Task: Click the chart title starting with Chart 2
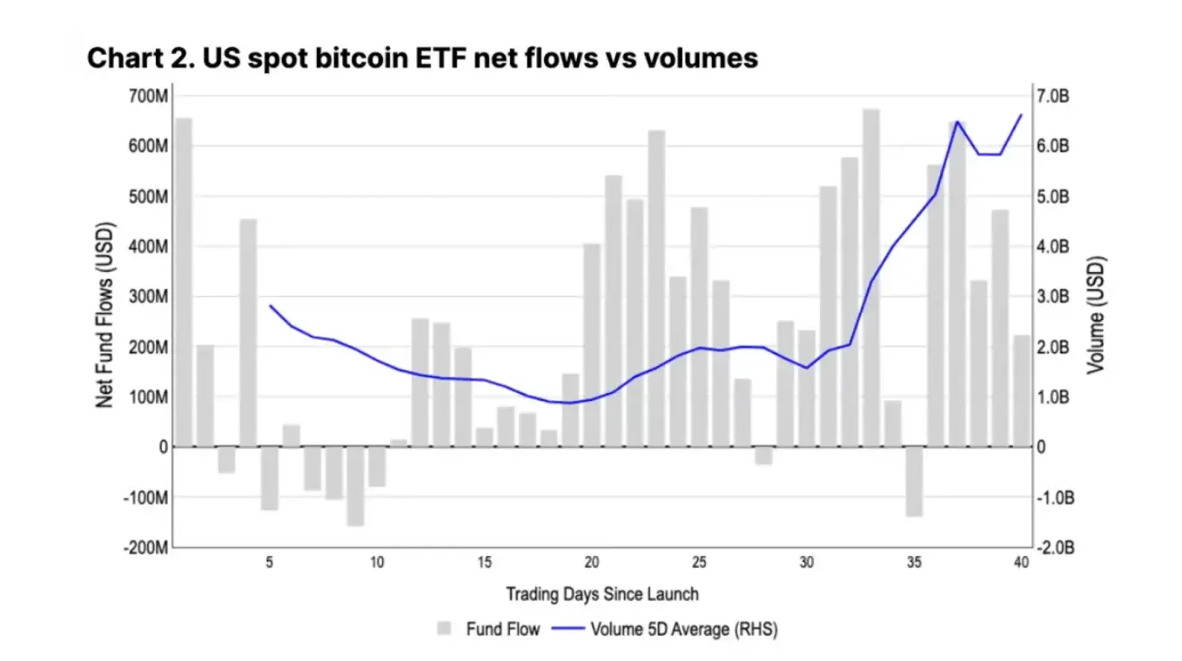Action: click(x=422, y=58)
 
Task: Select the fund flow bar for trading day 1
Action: click(x=184, y=282)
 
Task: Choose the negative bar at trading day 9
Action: click(x=355, y=486)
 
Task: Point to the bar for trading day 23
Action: click(x=656, y=288)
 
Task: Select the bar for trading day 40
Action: click(x=1021, y=391)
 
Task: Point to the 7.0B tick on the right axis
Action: click(x=1057, y=96)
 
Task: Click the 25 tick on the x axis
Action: click(x=699, y=563)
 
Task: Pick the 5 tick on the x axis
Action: click(x=270, y=563)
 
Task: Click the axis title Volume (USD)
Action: click(x=1096, y=315)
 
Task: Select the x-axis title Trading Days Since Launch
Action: click(x=602, y=595)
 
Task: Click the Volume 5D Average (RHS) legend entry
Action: click(x=666, y=629)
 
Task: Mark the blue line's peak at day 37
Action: click(x=957, y=122)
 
